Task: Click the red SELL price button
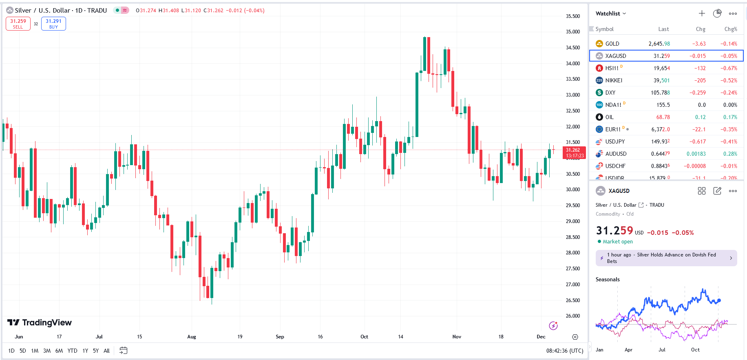pos(18,24)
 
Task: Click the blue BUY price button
pos(53,24)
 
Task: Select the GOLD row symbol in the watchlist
pos(612,44)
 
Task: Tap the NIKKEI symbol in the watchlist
pos(613,80)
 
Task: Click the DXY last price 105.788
pos(660,93)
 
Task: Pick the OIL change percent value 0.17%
pos(730,117)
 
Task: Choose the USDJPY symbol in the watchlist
pos(615,141)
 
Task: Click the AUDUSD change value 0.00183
pos(696,154)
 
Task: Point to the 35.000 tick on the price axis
pos(572,32)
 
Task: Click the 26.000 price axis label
pos(572,316)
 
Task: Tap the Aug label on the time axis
pos(192,337)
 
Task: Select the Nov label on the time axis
pos(457,337)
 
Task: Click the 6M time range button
pos(59,351)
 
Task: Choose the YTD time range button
pos(72,351)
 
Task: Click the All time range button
pos(106,351)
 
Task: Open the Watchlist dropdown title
pos(610,13)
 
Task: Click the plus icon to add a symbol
pos(702,13)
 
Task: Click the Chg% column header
pos(731,29)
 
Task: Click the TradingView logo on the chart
pos(40,322)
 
